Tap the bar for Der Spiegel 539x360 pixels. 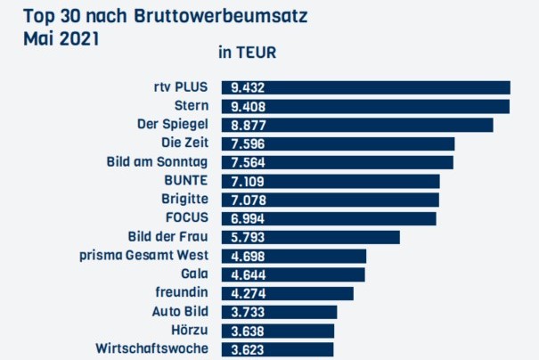pos(357,125)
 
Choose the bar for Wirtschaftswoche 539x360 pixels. pos(277,349)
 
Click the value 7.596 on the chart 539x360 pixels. pos(247,143)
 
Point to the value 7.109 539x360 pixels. pos(247,181)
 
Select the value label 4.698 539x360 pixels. pos(247,256)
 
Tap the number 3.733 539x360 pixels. pos(247,312)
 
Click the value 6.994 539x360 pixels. pos(247,218)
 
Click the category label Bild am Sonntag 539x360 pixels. pos(156,161)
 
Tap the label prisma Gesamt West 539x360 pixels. pos(143,255)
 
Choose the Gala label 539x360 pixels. pos(193,274)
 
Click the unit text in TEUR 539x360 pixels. pos(247,53)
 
